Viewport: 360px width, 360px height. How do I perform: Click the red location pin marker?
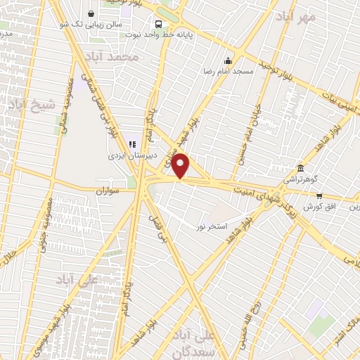181,166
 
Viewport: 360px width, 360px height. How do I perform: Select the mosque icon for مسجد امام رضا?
227,60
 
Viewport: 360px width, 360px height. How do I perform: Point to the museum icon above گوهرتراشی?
301,168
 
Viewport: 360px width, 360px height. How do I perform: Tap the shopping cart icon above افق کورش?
319,196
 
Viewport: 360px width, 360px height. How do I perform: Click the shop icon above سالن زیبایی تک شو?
91,13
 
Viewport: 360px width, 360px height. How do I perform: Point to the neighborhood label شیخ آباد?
32,106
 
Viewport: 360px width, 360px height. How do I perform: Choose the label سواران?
109,191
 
